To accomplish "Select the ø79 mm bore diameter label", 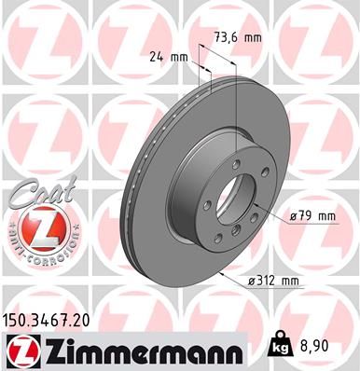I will coord(312,216).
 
